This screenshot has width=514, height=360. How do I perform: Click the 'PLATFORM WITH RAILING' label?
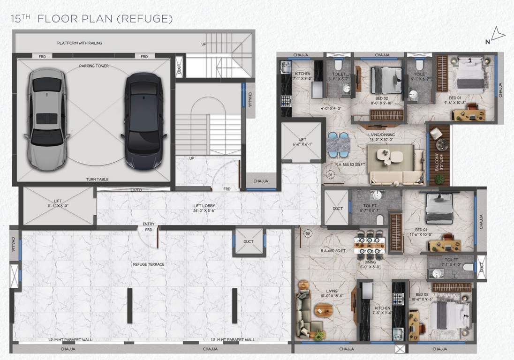(79, 43)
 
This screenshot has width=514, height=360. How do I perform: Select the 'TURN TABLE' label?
(97, 180)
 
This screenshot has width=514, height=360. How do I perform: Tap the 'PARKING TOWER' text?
(94, 66)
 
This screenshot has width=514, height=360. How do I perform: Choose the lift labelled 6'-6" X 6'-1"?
(302, 142)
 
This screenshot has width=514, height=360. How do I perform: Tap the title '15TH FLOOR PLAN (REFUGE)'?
(92, 19)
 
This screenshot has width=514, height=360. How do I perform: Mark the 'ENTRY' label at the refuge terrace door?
(149, 225)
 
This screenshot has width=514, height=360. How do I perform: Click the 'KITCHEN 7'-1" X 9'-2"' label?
(303, 76)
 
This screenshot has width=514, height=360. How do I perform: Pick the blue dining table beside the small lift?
(338, 144)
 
